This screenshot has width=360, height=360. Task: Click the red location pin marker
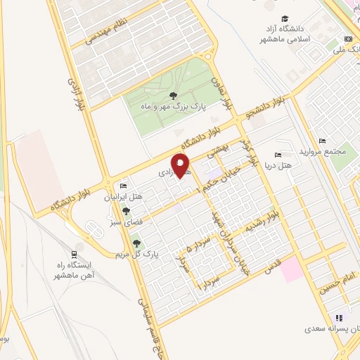tap(181, 165)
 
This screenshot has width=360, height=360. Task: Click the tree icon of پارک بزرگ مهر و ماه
tap(173, 96)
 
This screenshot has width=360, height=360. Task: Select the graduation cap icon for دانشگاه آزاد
tap(285, 19)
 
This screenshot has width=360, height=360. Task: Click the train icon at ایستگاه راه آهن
tap(75, 253)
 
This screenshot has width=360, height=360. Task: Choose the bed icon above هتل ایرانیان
tap(123, 186)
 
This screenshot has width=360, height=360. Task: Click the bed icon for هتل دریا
tap(278, 155)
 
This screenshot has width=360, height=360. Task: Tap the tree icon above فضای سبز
tap(127, 210)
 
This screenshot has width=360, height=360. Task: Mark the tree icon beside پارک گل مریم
tap(136, 243)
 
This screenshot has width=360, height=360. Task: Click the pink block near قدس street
tap(292, 271)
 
